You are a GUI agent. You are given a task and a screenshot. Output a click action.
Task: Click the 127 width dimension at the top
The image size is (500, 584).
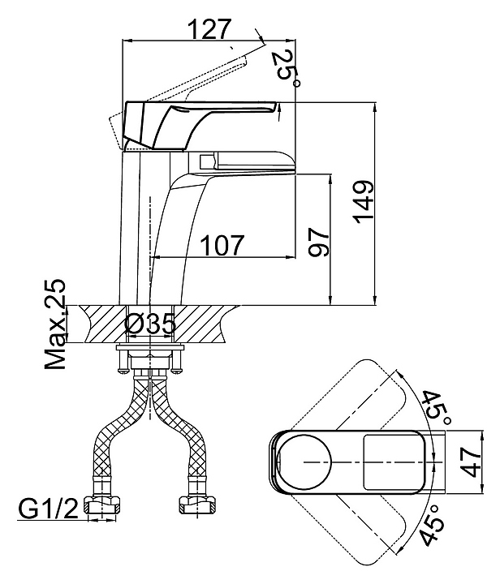point(209,29)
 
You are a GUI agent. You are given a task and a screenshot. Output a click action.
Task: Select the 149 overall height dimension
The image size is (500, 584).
point(364,202)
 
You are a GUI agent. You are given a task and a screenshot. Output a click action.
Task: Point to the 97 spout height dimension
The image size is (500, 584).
point(319,242)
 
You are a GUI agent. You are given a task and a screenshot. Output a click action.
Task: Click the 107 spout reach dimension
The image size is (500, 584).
point(222,245)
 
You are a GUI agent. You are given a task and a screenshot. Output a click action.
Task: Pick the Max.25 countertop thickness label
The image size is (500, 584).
point(55,324)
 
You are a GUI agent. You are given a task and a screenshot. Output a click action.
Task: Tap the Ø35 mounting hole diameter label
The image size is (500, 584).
point(150,324)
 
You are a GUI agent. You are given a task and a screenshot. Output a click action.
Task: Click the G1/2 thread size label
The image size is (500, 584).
point(49,509)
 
